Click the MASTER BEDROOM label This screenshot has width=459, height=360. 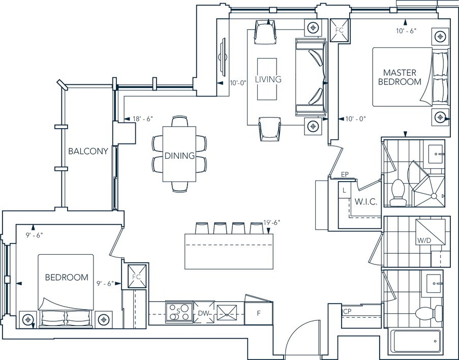pos(400,77)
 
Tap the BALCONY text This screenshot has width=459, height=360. pos(88,151)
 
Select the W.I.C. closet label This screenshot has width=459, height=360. pos(365,201)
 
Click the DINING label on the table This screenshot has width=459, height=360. pos(179,156)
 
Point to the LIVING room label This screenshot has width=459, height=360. pos(268,79)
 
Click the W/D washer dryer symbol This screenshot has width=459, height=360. pos(431,232)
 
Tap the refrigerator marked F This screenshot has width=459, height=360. pos(259,313)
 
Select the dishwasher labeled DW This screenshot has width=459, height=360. pos(204,313)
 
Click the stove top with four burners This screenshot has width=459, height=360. pos(179,313)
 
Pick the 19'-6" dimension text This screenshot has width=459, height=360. pos(271,223)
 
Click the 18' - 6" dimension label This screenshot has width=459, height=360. pos(142,119)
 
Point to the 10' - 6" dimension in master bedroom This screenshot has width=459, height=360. pos(406,31)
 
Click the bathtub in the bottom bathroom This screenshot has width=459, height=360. pos(416,341)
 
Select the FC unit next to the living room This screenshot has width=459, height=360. pos(340,30)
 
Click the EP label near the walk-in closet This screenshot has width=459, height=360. pos(345,174)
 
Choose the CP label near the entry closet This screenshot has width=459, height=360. pos(347,312)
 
